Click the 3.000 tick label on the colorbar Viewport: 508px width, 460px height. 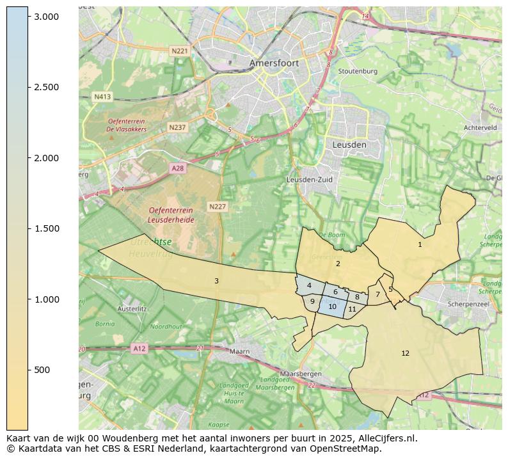(x=47, y=17)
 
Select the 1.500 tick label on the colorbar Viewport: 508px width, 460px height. (x=47, y=228)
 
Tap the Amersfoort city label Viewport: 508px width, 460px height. (x=274, y=63)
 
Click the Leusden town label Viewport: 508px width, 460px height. (x=349, y=145)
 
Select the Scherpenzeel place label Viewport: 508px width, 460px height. (x=468, y=305)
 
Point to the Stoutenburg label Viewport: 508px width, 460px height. (x=358, y=72)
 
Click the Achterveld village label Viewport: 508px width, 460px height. (x=480, y=128)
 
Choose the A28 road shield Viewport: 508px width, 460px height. (x=178, y=168)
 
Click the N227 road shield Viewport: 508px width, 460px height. (x=218, y=207)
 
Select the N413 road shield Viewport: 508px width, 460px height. (x=102, y=97)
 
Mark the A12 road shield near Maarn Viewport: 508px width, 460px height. (x=139, y=348)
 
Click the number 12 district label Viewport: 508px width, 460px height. (x=405, y=353)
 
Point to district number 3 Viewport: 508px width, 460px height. (x=216, y=281)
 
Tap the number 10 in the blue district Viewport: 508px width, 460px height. (x=332, y=307)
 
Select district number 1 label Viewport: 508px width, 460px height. (x=420, y=244)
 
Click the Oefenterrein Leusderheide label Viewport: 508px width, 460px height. (x=171, y=215)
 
